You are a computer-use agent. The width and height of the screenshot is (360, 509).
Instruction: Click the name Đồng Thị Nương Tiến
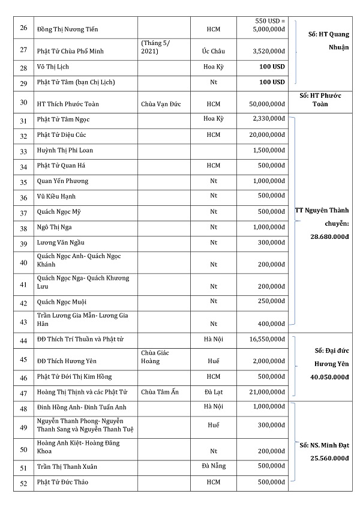(x=67, y=29)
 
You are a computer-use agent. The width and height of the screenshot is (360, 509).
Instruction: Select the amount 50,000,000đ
(x=265, y=104)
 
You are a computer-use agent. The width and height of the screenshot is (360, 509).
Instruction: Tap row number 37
(x=24, y=212)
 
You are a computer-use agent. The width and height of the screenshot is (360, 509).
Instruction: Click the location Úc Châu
(x=214, y=52)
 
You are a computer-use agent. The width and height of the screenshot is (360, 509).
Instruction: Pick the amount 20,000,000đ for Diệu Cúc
(x=265, y=134)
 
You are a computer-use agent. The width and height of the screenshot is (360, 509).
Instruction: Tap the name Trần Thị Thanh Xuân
(x=67, y=466)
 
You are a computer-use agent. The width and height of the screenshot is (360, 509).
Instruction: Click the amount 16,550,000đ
(x=266, y=339)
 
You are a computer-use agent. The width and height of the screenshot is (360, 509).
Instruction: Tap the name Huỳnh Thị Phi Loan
(x=65, y=149)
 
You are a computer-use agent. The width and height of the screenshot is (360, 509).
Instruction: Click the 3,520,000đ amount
(x=267, y=52)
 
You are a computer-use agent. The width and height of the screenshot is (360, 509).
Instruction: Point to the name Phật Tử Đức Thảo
(x=62, y=482)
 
